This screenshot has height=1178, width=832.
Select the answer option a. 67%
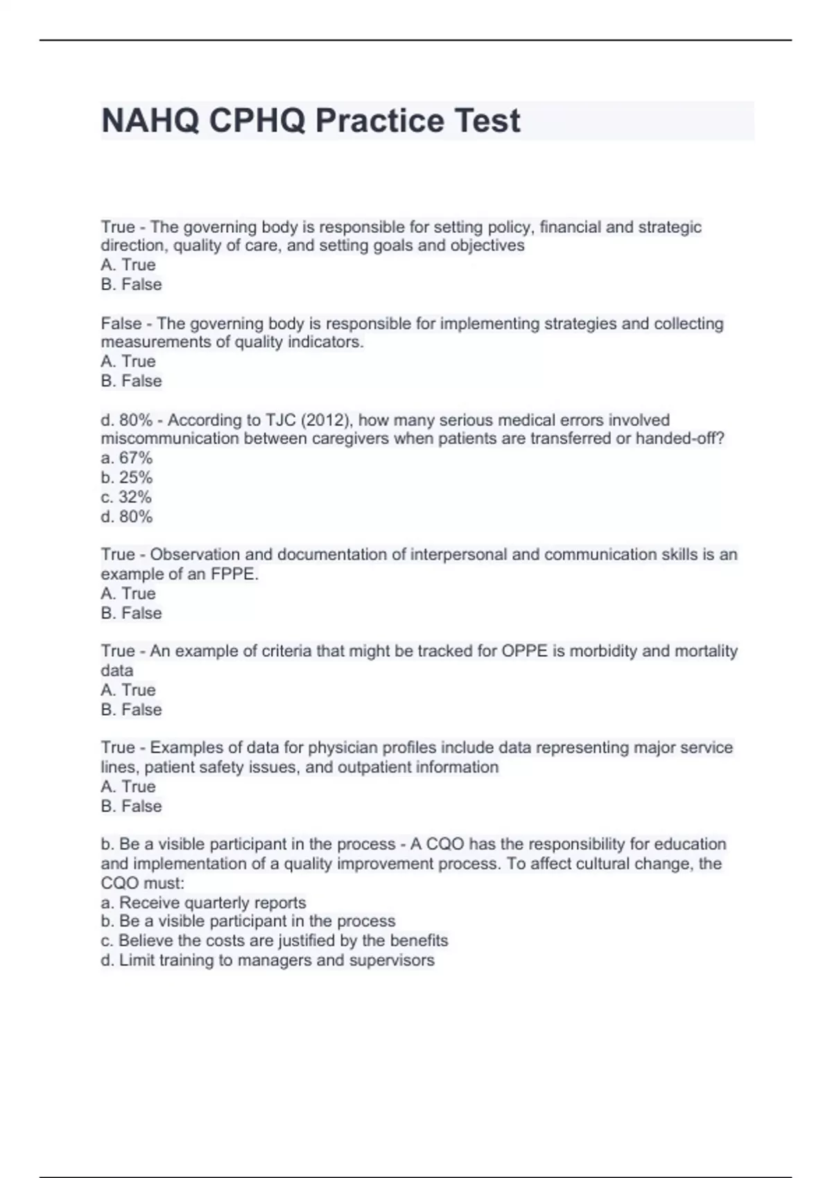pyautogui.click(x=126, y=458)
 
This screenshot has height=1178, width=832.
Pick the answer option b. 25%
pyautogui.click(x=126, y=477)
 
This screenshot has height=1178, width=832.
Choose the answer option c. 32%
pyautogui.click(x=126, y=497)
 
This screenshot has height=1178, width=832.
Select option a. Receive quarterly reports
pyautogui.click(x=203, y=902)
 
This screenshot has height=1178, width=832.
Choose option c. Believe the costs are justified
pyautogui.click(x=275, y=940)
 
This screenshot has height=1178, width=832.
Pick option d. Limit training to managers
pyautogui.click(x=268, y=960)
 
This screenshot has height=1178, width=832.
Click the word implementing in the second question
pyautogui.click(x=489, y=324)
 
